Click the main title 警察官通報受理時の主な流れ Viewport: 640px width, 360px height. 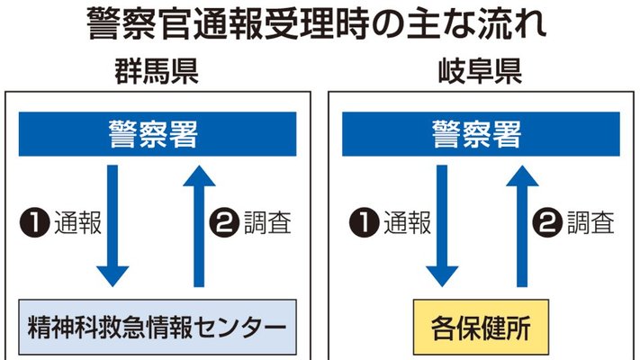pyautogui.click(x=316, y=23)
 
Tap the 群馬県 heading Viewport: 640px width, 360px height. pyautogui.click(x=157, y=71)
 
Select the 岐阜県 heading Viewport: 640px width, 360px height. pyautogui.click(x=480, y=71)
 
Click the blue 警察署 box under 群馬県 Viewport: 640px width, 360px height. pyautogui.click(x=158, y=134)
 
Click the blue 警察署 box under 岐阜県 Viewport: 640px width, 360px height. pyautogui.click(x=481, y=134)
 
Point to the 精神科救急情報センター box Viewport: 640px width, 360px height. pyautogui.click(x=158, y=327)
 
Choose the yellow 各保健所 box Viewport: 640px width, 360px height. pyautogui.click(x=481, y=327)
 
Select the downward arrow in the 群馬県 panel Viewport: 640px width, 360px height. pyautogui.click(x=113, y=226)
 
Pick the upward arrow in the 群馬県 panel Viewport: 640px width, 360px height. pyautogui.click(x=199, y=226)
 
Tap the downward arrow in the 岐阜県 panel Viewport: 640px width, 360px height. pyautogui.click(x=442, y=226)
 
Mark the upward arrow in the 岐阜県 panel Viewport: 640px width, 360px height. pyautogui.click(x=522, y=226)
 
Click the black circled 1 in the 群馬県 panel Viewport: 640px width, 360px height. pyautogui.click(x=35, y=223)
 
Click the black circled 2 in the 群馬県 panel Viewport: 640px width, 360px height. pyautogui.click(x=224, y=223)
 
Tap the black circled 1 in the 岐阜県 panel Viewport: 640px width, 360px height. pyautogui.click(x=364, y=223)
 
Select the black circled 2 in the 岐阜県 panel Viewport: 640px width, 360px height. pyautogui.click(x=547, y=223)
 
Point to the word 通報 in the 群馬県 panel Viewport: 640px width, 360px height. pyautogui.click(x=77, y=223)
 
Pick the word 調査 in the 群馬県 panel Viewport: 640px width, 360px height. pyautogui.click(x=267, y=223)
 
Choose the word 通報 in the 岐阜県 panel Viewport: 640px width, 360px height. pyautogui.click(x=408, y=223)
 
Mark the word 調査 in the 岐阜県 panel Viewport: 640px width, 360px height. pyautogui.click(x=590, y=223)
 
